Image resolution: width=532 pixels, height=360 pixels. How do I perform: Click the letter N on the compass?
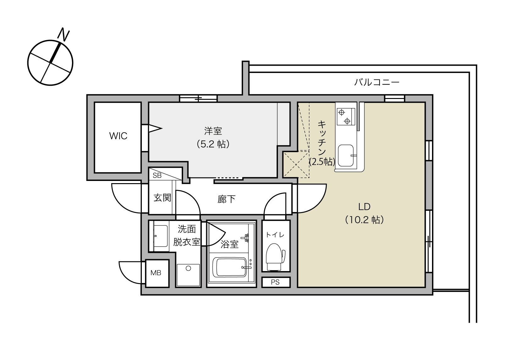coord(64,35)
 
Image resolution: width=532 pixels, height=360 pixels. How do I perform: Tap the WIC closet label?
coord(118,136)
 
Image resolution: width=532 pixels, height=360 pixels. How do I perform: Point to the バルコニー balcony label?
coord(377,82)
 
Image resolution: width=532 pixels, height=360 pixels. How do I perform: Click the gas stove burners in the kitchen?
coord(345,116)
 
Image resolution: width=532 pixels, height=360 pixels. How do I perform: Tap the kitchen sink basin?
coord(346,155)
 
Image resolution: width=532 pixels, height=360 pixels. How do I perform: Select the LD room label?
coord(364,206)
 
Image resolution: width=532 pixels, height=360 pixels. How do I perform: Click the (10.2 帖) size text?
coord(364,220)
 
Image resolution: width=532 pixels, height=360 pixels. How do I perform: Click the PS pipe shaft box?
coord(275,282)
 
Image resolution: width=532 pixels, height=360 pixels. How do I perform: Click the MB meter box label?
coord(156,273)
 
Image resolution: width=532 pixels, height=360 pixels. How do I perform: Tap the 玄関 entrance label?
coord(162,198)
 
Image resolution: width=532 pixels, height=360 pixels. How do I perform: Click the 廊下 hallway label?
coord(226,199)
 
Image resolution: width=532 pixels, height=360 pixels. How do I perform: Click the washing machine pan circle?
coord(188,268)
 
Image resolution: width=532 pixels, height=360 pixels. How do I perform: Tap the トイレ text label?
coord(275,235)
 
